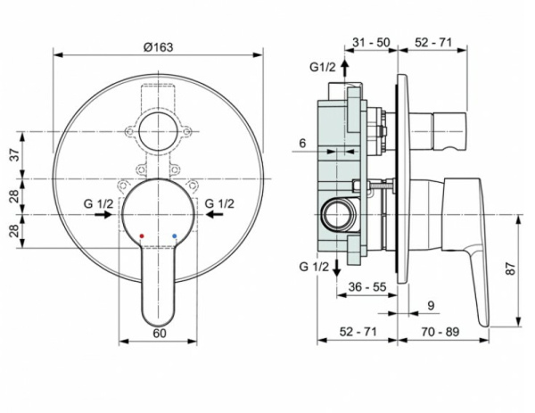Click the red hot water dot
[x=140, y=235]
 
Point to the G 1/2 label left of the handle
[x=99, y=203]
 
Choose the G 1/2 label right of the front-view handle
[x=219, y=203]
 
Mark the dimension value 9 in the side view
[x=430, y=305]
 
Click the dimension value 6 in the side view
[x=303, y=142]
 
